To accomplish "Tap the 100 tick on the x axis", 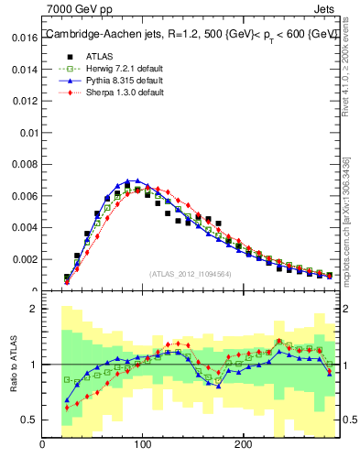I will (x=143, y=445).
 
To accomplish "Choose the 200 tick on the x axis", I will (x=243, y=445).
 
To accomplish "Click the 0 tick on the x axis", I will (x=43, y=445).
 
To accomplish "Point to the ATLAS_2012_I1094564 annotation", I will (x=191, y=273).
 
